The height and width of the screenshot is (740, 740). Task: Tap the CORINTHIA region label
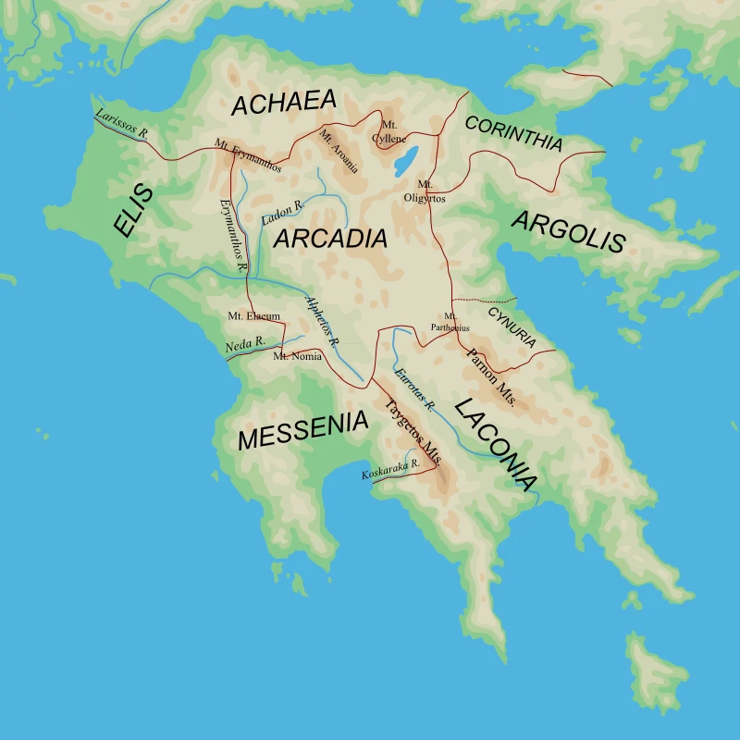pyautogui.click(x=513, y=134)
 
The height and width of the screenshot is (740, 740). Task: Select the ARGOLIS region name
pyautogui.click(x=568, y=232)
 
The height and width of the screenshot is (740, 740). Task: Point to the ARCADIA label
pyautogui.click(x=330, y=239)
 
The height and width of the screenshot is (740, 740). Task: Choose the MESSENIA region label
pyautogui.click(x=302, y=431)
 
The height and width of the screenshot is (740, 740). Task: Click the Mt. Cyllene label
pyautogui.click(x=388, y=131)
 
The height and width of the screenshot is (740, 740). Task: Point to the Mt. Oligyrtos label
pyautogui.click(x=425, y=191)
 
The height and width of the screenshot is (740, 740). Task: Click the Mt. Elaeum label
pyautogui.click(x=253, y=316)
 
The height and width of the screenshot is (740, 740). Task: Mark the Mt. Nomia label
pyautogui.click(x=297, y=356)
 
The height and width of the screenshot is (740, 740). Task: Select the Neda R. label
pyautogui.click(x=245, y=344)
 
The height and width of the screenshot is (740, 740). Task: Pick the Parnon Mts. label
pyautogui.click(x=493, y=379)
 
